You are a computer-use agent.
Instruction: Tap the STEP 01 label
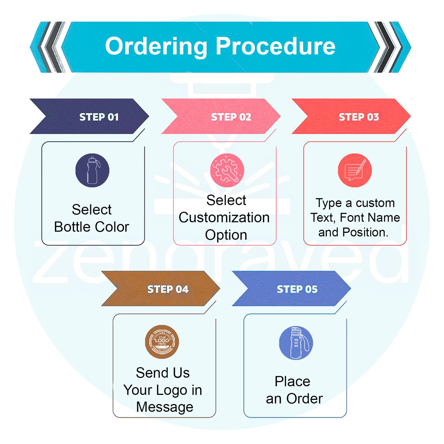point(99,117)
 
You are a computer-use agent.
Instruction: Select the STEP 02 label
point(231,117)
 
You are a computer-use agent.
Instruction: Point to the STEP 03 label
point(359,117)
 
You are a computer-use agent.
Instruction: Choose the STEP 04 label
point(168,289)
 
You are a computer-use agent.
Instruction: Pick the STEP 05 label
point(297,289)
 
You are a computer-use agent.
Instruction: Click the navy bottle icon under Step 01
point(92,170)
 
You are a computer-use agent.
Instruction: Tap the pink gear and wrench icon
point(227,170)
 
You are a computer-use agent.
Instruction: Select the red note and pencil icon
point(355,170)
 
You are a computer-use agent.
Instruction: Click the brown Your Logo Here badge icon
point(162,342)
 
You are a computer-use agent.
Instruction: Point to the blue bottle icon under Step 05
point(296,343)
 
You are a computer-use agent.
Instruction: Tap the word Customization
point(224,218)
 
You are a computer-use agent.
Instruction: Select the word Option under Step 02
point(226,235)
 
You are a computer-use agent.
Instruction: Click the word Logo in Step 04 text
point(171,390)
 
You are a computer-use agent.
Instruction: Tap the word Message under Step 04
point(165,407)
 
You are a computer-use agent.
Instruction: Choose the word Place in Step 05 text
point(292,382)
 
